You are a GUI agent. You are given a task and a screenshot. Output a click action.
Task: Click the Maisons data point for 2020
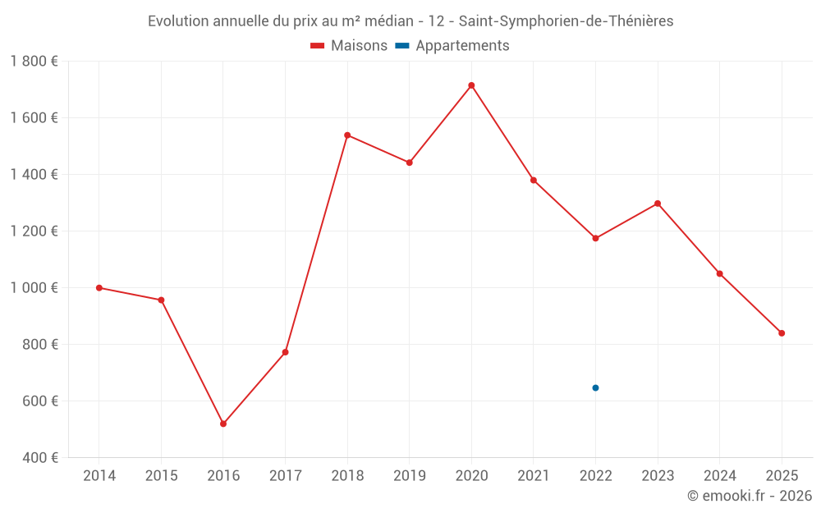471,85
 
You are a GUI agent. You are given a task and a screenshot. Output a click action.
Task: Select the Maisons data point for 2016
223,424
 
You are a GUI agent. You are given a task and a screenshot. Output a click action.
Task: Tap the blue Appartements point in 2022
595,387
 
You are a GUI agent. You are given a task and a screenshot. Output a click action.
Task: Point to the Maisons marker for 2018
347,135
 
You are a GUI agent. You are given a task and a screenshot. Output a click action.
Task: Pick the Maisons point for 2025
782,333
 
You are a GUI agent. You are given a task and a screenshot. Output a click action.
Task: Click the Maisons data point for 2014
99,288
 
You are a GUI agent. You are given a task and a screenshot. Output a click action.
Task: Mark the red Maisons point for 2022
595,239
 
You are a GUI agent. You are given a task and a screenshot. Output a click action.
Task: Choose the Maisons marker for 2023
658,204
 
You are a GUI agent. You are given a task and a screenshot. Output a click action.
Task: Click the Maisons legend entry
349,46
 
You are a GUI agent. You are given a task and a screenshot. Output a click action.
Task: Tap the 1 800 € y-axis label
34,62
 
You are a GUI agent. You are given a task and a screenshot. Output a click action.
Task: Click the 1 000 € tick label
34,288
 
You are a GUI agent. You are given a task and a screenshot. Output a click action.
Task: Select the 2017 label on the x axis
285,476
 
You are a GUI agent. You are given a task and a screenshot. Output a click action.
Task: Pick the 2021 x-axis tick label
534,476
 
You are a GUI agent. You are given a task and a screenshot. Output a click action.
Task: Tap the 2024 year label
719,476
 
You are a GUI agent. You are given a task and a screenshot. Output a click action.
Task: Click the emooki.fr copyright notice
749,496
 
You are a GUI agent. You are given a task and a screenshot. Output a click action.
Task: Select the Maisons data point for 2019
409,163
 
